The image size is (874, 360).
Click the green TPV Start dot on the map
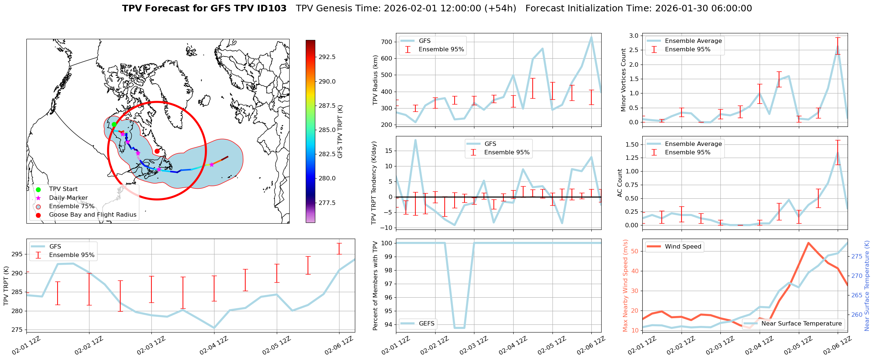click(x=114, y=124)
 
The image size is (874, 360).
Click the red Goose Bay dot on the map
click(x=157, y=151)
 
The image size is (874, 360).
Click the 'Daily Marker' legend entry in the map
click(x=68, y=198)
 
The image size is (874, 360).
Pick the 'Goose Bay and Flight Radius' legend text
click(x=92, y=215)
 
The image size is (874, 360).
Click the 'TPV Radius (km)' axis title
click(x=375, y=80)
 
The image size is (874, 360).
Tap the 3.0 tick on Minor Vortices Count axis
click(x=634, y=36)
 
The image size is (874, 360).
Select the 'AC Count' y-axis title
click(x=620, y=183)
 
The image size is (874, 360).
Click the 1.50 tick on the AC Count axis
click(x=632, y=144)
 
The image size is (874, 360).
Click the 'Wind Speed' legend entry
click(x=683, y=247)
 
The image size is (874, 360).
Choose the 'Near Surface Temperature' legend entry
click(x=801, y=324)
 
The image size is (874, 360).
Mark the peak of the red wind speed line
click(x=808, y=243)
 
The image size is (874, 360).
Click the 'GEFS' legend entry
click(x=426, y=324)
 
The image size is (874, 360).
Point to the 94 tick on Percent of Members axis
click(x=388, y=324)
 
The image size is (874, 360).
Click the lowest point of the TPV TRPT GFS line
click(x=214, y=328)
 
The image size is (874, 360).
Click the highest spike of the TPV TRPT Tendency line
click(x=415, y=140)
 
